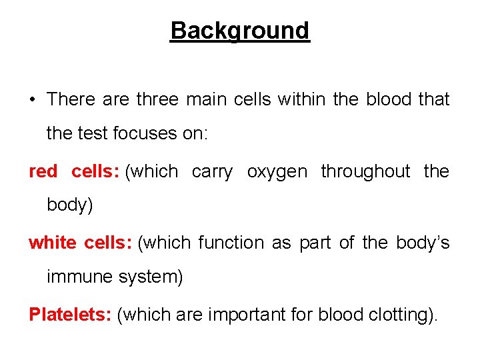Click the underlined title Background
pos(240,31)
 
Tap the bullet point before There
pos(32,100)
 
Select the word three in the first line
pos(157,99)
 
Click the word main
pos(207,99)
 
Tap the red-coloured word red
pos(43,171)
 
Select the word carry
pos(212,172)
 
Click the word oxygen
pos(277,172)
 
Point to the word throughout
pos(365,171)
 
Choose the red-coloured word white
pos(53,243)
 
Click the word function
pos(230,243)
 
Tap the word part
pos(315,243)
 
